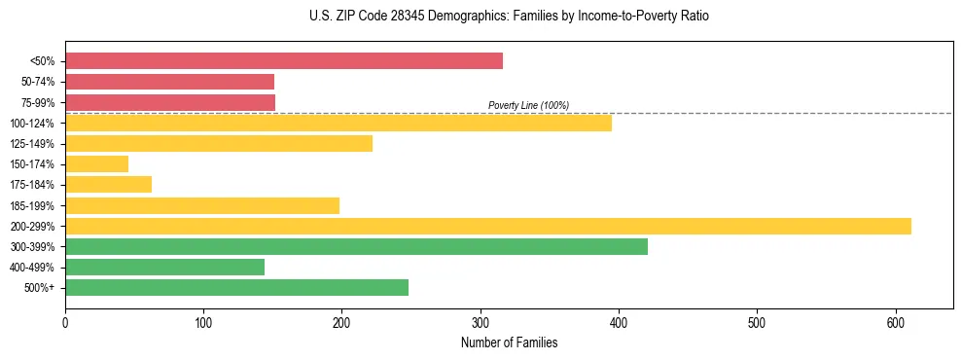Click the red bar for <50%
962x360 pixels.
coord(284,61)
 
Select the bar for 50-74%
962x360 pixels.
coord(169,82)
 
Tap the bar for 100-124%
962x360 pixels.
coord(338,123)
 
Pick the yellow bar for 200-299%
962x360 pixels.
coord(488,226)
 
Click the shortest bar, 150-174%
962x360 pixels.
coord(96,164)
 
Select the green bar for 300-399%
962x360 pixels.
coord(356,246)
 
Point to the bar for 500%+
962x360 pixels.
coord(236,287)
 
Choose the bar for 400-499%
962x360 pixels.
coord(164,267)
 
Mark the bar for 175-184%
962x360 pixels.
coord(108,185)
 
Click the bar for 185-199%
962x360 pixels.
coord(202,205)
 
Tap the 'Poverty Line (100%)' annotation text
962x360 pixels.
coord(528,105)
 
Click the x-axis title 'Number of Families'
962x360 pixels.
coord(510,342)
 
